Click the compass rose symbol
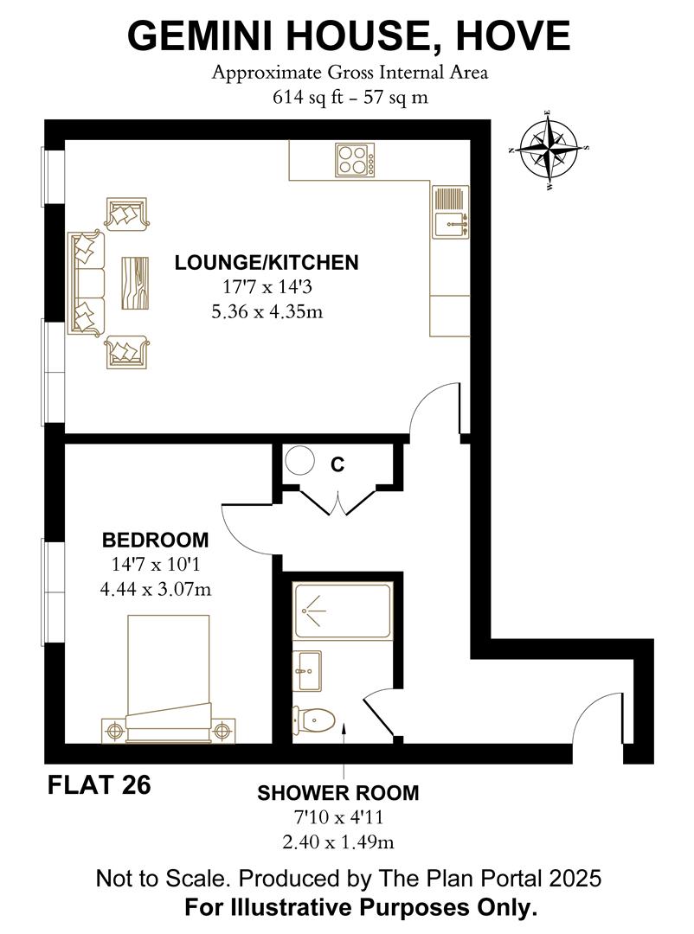pyautogui.click(x=549, y=150)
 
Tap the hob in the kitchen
pyautogui.click(x=356, y=160)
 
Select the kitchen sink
pyautogui.click(x=451, y=212)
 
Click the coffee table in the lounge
pyautogui.click(x=135, y=283)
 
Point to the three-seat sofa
pyautogui.click(x=87, y=284)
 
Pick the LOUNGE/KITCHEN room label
pyautogui.click(x=267, y=263)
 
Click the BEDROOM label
pyautogui.click(x=156, y=540)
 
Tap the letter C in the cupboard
pyautogui.click(x=337, y=464)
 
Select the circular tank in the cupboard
pyautogui.click(x=299, y=460)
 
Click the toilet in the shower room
pyautogui.click(x=313, y=720)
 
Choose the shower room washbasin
pyautogui.click(x=307, y=671)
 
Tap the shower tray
pyautogui.click(x=342, y=611)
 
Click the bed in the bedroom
pyautogui.click(x=169, y=679)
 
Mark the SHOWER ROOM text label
pyautogui.click(x=338, y=793)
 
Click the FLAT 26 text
pyautogui.click(x=99, y=784)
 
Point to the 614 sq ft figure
pyautogui.click(x=308, y=97)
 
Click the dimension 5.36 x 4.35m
pyautogui.click(x=267, y=311)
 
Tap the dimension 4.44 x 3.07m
pyautogui.click(x=156, y=589)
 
